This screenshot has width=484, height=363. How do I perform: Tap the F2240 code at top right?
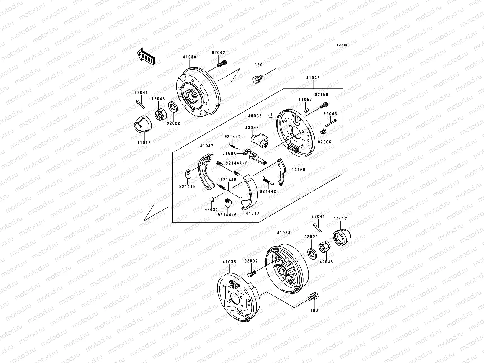coord(342,45)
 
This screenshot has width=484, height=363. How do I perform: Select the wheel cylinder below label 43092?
coord(260,140)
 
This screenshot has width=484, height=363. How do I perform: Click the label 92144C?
coord(268,191)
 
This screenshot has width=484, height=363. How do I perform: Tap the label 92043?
coord(330,114)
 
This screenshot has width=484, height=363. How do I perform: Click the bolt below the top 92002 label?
coord(222,64)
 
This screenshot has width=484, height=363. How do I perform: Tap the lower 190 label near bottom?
coord(314,310)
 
